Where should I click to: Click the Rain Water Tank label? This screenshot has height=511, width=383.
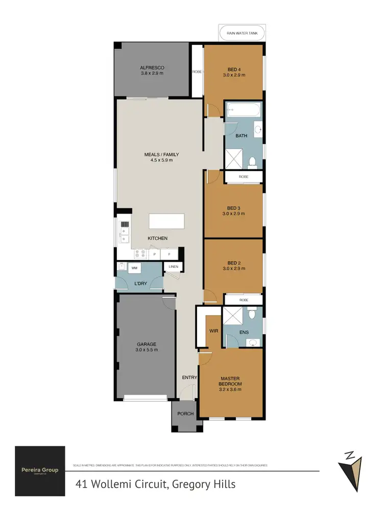coord(242,35)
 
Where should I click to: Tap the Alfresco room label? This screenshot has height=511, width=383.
coord(152,68)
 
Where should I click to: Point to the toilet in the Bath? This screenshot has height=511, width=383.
coord(251,162)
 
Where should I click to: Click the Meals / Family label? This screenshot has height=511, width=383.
coord(161,154)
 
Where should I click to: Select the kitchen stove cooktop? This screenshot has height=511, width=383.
coord(140,254)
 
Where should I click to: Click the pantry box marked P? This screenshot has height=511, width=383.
coord(154,254)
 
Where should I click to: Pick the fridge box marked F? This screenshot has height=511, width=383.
coord(169,254)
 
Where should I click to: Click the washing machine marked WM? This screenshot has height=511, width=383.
coord(134,268)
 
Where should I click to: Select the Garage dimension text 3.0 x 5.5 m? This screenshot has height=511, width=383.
coord(147,350)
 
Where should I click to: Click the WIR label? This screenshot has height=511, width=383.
coord(214,331)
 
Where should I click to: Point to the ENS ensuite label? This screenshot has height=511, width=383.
coord(244,332)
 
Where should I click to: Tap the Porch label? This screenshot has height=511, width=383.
coord(185,413)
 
